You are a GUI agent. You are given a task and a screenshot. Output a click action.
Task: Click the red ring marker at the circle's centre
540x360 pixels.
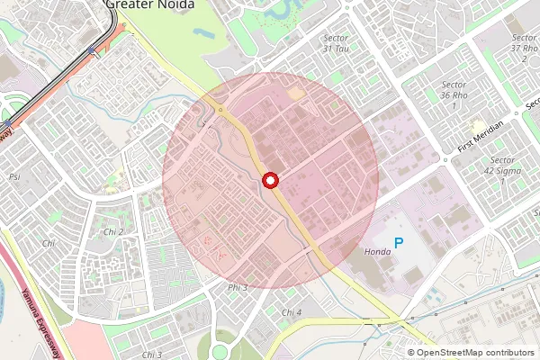pyautogui.click(x=269, y=181)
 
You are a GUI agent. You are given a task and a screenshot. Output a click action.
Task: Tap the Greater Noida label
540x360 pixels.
pyautogui.click(x=148, y=4)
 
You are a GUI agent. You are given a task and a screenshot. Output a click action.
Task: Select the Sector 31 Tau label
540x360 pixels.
pyautogui.click(x=336, y=43)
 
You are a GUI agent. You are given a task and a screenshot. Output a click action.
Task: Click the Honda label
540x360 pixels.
pyautogui.click(x=377, y=251)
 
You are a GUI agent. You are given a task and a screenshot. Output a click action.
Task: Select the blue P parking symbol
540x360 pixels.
pyautogui.click(x=400, y=243)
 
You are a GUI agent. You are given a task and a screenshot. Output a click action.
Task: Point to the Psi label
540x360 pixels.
pyautogui.click(x=14, y=176)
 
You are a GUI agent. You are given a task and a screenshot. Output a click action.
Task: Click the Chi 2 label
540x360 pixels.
pyautogui.click(x=113, y=232)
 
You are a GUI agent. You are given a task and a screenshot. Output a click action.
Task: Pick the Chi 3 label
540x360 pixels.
pyautogui.click(x=151, y=355)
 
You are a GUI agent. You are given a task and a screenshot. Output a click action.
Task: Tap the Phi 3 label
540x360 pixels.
pyautogui.click(x=238, y=287)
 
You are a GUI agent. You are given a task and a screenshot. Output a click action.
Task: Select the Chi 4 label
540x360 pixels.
pyautogui.click(x=292, y=312)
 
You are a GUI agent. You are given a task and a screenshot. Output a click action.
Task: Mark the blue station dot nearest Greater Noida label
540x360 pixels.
pyautogui.click(x=94, y=50)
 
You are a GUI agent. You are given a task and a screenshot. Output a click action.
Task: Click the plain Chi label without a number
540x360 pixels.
pyautogui.click(x=49, y=244)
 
